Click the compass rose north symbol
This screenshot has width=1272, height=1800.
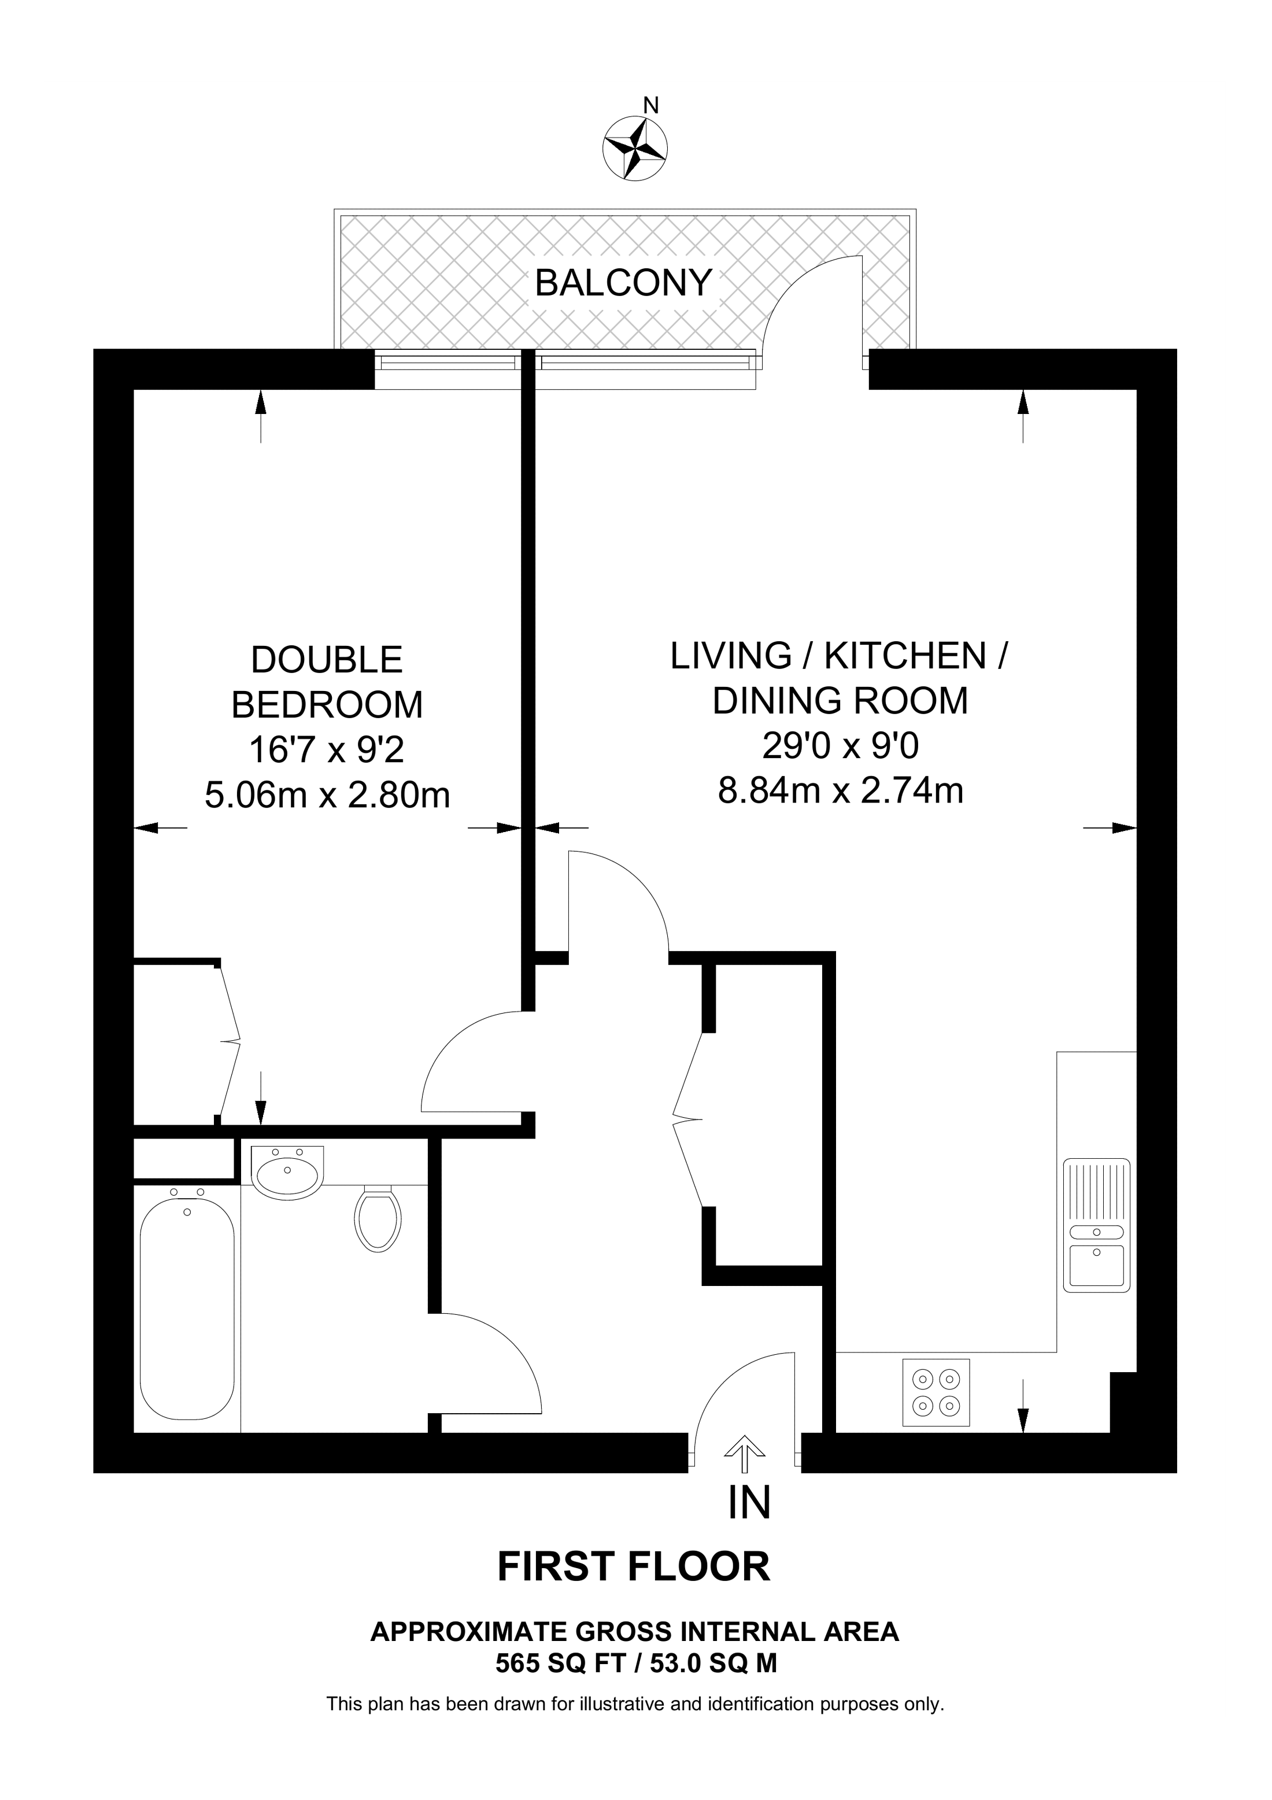pyautogui.click(x=635, y=147)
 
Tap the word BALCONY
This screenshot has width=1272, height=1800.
pyautogui.click(x=623, y=282)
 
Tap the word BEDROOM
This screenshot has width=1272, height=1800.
pyautogui.click(x=327, y=705)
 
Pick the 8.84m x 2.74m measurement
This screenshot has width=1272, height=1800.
pyautogui.click(x=840, y=791)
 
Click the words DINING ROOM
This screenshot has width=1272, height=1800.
pyautogui.click(x=840, y=701)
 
